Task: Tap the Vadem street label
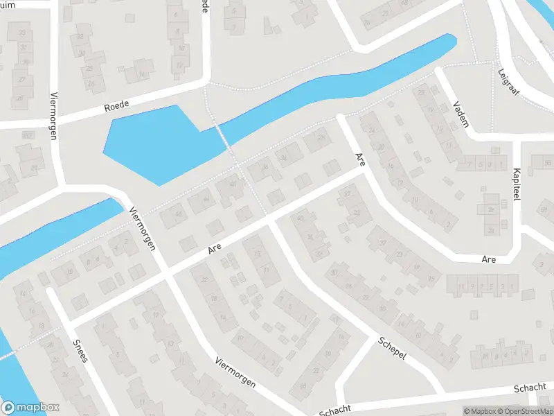460,114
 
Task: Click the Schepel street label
392,349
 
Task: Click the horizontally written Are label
489,259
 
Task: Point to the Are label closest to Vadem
359,160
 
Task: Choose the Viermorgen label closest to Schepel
235,373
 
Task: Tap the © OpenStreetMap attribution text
524,411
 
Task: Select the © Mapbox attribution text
479,411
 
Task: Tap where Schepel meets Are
269,220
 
